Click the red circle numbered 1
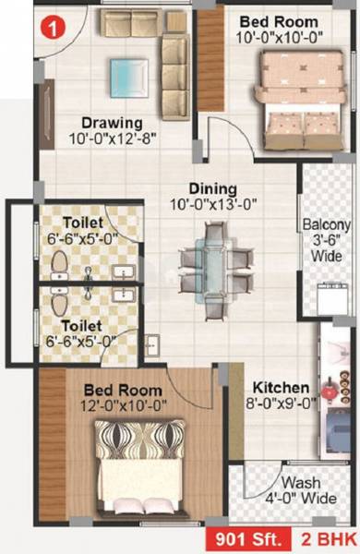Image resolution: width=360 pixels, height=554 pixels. click(x=57, y=28)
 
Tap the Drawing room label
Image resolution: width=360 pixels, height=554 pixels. click(x=111, y=122)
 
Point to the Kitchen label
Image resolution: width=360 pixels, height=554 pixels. click(x=274, y=386)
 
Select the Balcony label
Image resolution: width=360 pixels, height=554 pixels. click(x=327, y=224)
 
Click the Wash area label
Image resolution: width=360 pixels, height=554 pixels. click(x=301, y=482)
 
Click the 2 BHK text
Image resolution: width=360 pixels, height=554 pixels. click(x=323, y=538)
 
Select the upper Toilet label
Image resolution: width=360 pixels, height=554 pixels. click(x=84, y=223)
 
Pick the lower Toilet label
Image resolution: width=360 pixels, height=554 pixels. click(x=82, y=325)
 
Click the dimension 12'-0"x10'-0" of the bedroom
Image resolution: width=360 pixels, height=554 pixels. click(x=123, y=403)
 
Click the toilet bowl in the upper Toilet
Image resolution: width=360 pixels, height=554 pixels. click(x=59, y=266)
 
